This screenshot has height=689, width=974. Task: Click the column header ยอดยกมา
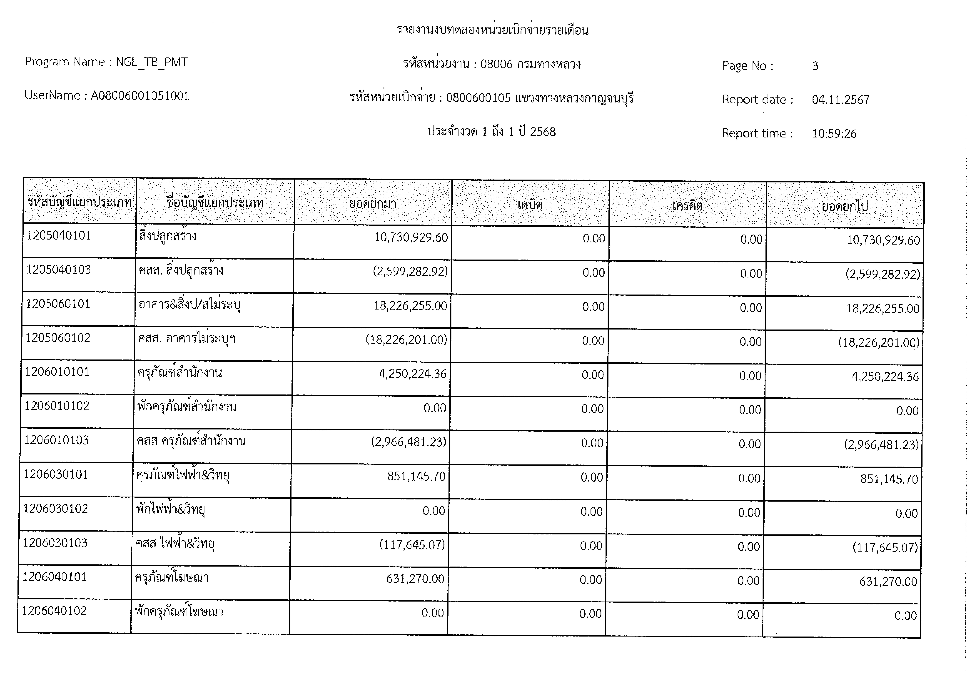click(x=372, y=204)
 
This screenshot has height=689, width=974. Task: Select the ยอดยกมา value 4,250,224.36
click(x=413, y=374)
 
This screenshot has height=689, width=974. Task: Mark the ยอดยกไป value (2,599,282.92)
click(x=882, y=274)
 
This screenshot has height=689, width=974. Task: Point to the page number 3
click(x=815, y=66)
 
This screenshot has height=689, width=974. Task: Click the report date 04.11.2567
click(x=840, y=100)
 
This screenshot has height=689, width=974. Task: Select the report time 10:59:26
click(x=834, y=134)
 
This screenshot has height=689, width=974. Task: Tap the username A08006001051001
click(x=140, y=96)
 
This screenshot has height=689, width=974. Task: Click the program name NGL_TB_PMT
click(x=152, y=62)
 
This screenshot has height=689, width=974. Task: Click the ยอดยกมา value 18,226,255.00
click(x=410, y=306)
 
